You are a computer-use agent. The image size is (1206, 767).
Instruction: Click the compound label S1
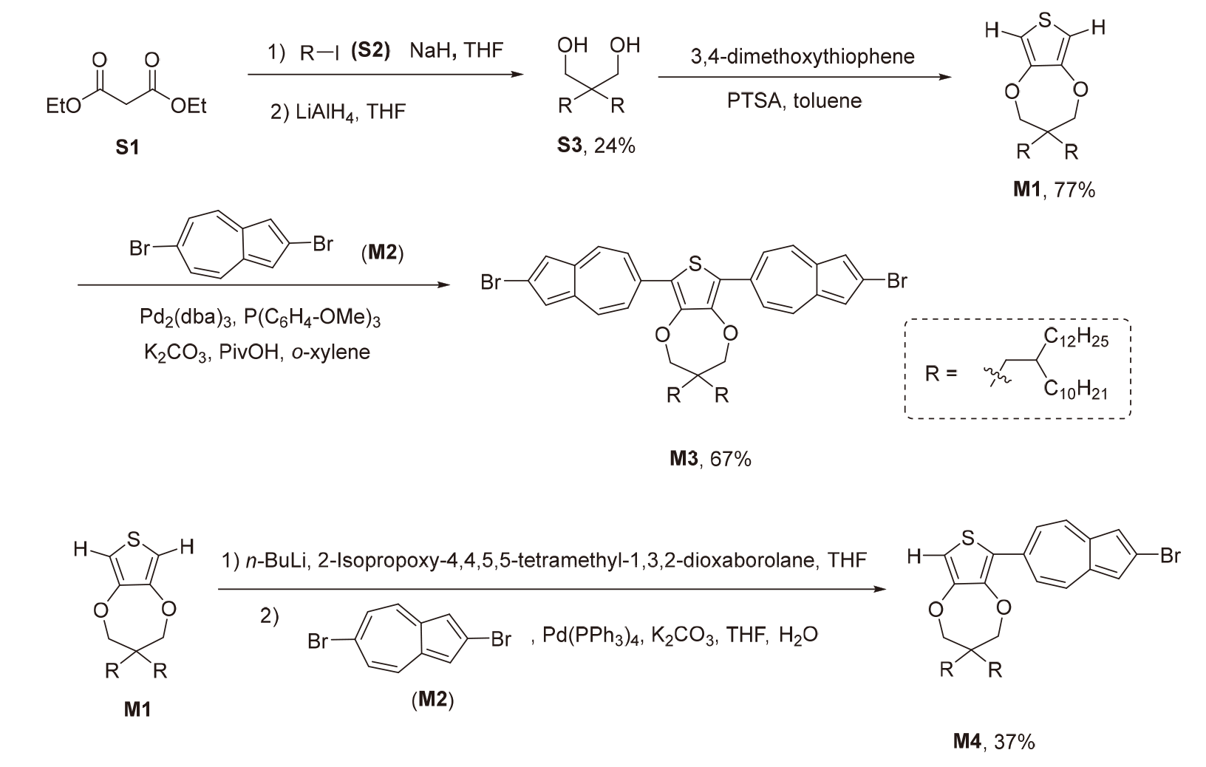tap(127, 148)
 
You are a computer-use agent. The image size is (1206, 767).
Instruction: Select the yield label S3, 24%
tap(596, 146)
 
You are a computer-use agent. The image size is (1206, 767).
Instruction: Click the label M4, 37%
tap(993, 741)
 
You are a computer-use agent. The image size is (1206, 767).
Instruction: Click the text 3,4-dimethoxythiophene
tap(803, 57)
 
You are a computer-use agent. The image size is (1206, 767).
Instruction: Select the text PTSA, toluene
tap(794, 100)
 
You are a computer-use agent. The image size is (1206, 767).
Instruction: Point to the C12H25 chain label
tap(1076, 338)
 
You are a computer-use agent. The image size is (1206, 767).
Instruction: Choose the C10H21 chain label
tap(1076, 390)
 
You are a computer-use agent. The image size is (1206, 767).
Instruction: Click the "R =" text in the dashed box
tap(941, 373)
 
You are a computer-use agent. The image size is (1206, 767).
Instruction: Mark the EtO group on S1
tap(63, 107)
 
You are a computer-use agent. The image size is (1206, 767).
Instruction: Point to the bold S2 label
tap(370, 52)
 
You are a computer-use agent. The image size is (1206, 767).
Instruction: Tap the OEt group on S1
tap(189, 107)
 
